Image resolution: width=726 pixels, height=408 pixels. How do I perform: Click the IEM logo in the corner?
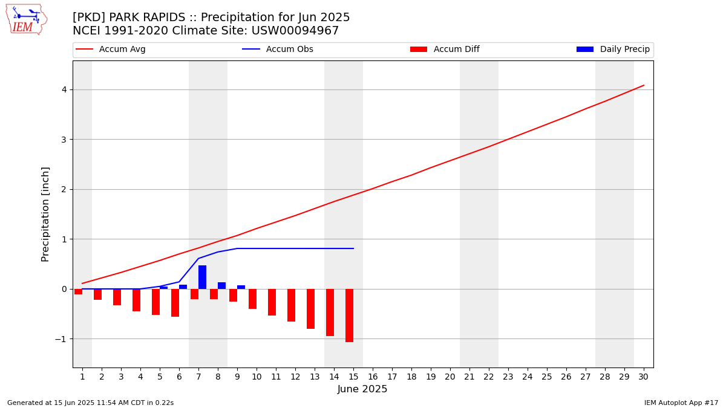click(x=27, y=20)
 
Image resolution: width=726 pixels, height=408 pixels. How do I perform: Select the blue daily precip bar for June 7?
click(x=202, y=277)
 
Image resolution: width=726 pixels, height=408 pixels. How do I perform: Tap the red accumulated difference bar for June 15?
click(x=350, y=316)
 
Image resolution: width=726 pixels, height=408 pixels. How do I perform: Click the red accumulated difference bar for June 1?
click(x=79, y=292)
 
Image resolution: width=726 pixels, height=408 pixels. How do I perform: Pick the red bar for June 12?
click(x=292, y=305)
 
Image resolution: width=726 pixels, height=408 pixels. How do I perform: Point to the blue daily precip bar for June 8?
click(x=221, y=285)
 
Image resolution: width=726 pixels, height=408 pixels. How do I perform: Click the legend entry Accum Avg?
click(x=111, y=49)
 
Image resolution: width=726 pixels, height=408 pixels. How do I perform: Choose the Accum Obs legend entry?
click(x=278, y=49)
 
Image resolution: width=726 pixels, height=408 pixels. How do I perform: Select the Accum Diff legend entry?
click(x=445, y=49)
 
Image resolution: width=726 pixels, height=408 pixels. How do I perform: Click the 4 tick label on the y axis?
click(x=65, y=89)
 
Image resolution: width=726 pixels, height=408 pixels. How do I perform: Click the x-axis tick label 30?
click(x=643, y=377)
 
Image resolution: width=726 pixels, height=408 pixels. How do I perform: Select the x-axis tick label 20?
click(x=450, y=377)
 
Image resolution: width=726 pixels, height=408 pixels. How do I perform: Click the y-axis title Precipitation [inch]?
click(x=45, y=215)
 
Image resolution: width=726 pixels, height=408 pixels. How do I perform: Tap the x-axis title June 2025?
click(x=362, y=389)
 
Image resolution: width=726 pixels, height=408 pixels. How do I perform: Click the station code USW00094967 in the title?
click(x=295, y=31)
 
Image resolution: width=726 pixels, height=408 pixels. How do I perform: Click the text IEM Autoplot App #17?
click(x=681, y=403)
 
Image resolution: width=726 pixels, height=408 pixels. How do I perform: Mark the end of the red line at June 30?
click(x=644, y=85)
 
